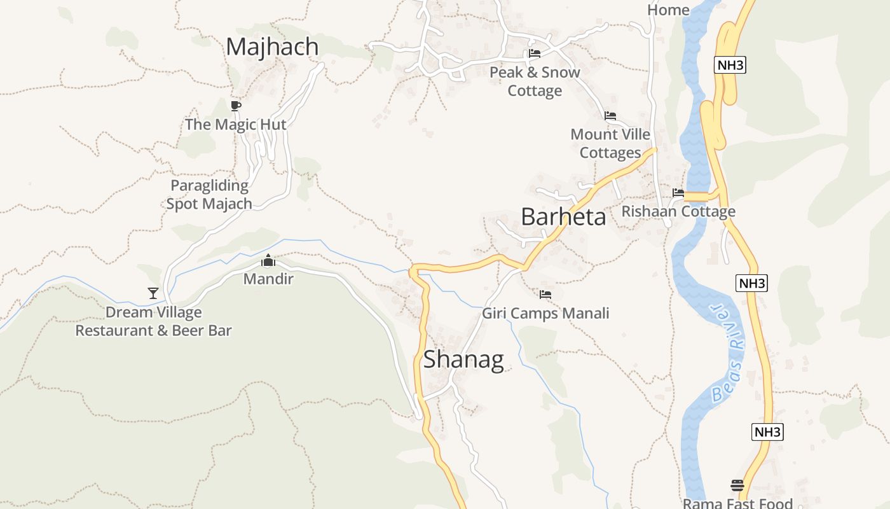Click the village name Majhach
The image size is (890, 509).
272,46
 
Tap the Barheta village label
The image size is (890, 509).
563,217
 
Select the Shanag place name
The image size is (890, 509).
463,359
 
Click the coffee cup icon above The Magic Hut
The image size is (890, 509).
236,106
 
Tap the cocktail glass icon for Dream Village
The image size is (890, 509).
153,293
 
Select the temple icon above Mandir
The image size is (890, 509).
268,261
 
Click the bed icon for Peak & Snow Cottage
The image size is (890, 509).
535,53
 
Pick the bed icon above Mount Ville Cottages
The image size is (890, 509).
610,116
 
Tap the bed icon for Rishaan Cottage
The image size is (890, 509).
678,193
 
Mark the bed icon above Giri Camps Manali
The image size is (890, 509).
545,295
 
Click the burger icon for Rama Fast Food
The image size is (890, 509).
737,485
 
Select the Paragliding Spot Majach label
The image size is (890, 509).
209,195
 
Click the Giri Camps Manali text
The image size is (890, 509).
545,313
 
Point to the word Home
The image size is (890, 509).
668,10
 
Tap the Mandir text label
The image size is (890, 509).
268,279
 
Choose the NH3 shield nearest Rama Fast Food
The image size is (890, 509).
767,432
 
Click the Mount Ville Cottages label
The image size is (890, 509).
610,144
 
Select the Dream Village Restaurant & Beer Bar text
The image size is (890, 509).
154,321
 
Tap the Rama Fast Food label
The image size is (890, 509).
737,503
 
